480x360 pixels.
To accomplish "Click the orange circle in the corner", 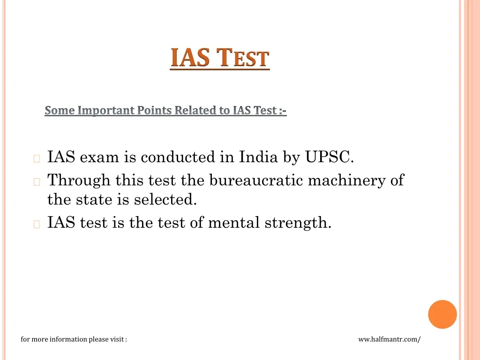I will (x=442, y=314).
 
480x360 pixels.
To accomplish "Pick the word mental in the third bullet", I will (x=234, y=223).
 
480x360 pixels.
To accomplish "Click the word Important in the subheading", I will (x=106, y=111).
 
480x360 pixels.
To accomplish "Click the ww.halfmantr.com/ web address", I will (x=389, y=339).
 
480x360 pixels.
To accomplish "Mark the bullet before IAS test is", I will (x=37, y=224).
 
